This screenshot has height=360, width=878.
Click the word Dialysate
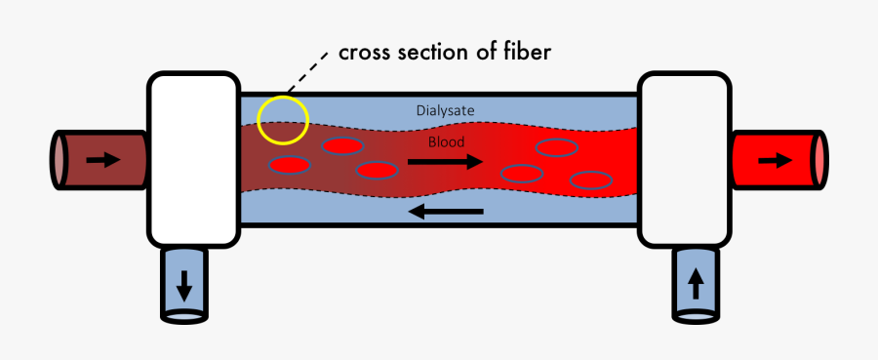pyautogui.click(x=445, y=111)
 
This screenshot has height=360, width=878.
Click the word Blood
pyautogui.click(x=447, y=141)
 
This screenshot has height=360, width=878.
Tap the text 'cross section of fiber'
pyautogui.click(x=445, y=53)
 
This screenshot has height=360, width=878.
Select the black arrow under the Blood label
pyautogui.click(x=445, y=163)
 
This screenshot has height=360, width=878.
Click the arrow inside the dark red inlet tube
pyautogui.click(x=102, y=159)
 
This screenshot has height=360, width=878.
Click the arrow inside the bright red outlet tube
pyautogui.click(x=777, y=160)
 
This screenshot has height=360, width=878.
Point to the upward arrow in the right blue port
pyautogui.click(x=696, y=284)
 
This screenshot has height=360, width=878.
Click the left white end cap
pyautogui.click(x=193, y=158)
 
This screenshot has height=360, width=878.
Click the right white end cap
pyautogui.click(x=684, y=158)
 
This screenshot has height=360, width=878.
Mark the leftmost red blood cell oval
pyautogui.click(x=291, y=164)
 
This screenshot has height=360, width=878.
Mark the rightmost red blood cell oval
pyautogui.click(x=591, y=180)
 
